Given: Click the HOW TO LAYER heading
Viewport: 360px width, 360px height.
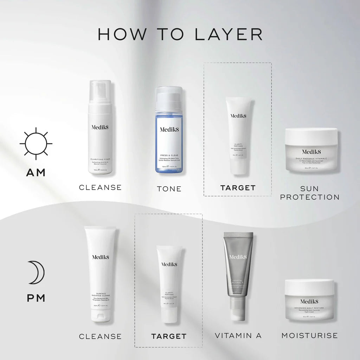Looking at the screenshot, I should pos(180,34).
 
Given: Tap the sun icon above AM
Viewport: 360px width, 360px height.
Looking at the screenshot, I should pos(36,143).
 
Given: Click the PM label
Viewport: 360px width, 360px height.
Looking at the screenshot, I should pos(36,298).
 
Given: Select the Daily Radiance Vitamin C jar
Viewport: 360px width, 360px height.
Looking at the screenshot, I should pos(311,150).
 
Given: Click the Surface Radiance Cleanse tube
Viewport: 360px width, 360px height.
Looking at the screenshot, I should pos(100,274).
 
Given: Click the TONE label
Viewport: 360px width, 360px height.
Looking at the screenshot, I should pos(169,189).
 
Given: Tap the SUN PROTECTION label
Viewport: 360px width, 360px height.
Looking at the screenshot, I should pos(310,193).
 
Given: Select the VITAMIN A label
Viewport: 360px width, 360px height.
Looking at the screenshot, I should pos(238,336).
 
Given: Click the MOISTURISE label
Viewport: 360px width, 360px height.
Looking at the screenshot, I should pos(310,335).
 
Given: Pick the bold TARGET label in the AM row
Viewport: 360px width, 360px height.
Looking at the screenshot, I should pos(238,188).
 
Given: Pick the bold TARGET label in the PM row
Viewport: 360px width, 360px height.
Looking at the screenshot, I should pos(169,336).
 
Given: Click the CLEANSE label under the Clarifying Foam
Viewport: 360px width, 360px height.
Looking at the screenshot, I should pos(100,187).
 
